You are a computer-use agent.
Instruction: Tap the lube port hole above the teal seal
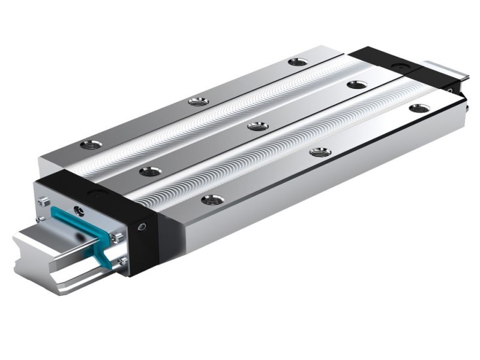pos(79,209)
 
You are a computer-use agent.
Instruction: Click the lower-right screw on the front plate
pos(122,262)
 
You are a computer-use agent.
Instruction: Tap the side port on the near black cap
pos(142,227)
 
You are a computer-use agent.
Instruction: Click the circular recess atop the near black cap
pos(97,193)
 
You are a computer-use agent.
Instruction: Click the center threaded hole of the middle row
pos(257,126)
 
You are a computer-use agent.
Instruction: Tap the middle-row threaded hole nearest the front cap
pos(150,172)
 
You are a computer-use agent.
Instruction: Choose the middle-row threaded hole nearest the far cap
pos(356,85)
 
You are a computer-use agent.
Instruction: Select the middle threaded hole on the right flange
pos(320,152)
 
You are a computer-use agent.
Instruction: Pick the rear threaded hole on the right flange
pos(419,109)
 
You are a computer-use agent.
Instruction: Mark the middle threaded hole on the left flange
pos(198,101)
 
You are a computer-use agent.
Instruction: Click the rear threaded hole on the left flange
pos(297,61)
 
